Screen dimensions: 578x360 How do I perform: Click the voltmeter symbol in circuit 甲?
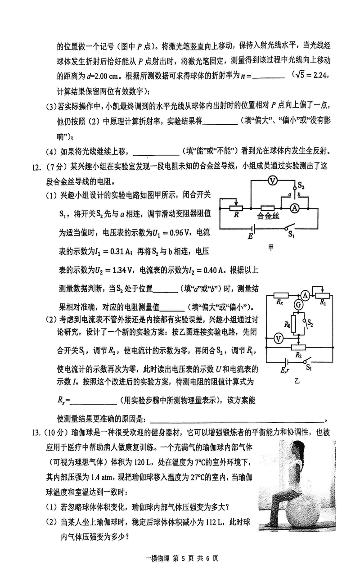[271, 181]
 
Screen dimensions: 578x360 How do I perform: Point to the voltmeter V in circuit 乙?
[278, 338]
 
